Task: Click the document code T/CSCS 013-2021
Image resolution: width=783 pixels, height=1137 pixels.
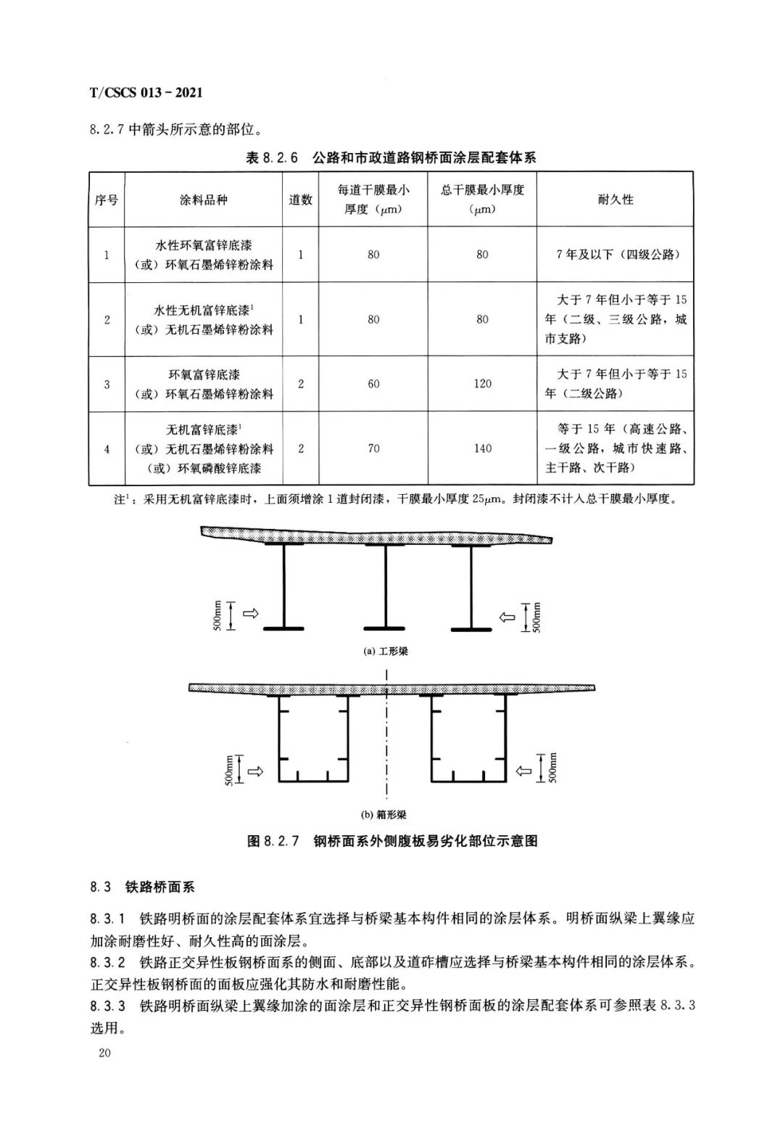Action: [x=146, y=93]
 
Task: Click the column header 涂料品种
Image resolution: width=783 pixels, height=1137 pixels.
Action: [x=204, y=200]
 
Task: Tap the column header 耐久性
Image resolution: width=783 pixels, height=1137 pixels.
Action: [x=615, y=200]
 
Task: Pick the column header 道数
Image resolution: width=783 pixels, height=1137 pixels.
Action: [x=301, y=200]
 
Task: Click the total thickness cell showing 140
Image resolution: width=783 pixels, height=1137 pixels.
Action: [x=482, y=448]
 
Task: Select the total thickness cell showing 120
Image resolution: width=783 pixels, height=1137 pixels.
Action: [x=482, y=383]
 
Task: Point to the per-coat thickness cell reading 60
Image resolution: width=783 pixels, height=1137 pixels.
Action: [x=373, y=383]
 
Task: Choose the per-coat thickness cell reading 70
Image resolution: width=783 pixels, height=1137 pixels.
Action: [x=373, y=448]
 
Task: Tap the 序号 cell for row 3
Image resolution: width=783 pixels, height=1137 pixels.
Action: [x=107, y=383]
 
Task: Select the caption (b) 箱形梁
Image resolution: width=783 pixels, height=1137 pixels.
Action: [x=389, y=815]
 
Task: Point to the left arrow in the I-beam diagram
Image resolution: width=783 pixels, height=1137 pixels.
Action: [x=250, y=615]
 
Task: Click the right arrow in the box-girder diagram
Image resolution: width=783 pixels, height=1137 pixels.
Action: [x=523, y=771]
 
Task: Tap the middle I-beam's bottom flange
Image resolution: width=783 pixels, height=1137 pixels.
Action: [x=384, y=628]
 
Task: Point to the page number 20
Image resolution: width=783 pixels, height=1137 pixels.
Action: [x=104, y=1054]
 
